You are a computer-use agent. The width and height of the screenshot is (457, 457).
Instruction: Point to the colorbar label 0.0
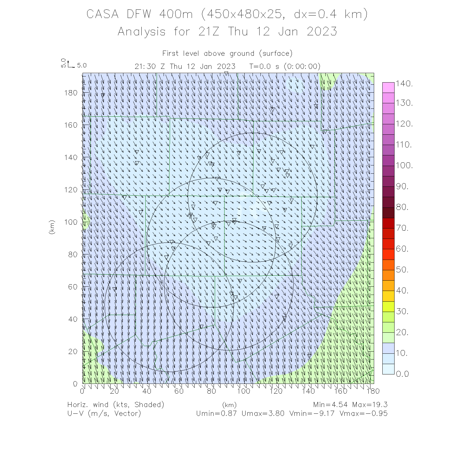point(402,374)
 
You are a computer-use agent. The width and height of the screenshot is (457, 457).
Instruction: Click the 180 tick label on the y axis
point(71,93)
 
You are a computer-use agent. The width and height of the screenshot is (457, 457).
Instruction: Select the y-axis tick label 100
point(71,222)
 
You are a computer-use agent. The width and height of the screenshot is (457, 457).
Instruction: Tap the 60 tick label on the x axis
point(179,391)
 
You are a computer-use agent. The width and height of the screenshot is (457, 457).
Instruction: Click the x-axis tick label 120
point(276,391)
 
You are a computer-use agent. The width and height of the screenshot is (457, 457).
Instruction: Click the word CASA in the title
point(102,14)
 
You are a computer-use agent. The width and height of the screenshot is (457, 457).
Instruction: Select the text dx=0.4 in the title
point(316,14)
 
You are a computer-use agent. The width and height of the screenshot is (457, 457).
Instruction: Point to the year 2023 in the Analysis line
point(322,32)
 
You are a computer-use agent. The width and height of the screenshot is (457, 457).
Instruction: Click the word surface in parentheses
point(276,54)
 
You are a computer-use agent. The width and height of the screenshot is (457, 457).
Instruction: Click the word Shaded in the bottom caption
point(149,405)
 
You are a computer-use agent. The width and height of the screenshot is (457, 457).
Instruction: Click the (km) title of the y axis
point(52,227)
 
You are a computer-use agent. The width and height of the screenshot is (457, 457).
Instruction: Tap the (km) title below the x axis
point(229,405)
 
